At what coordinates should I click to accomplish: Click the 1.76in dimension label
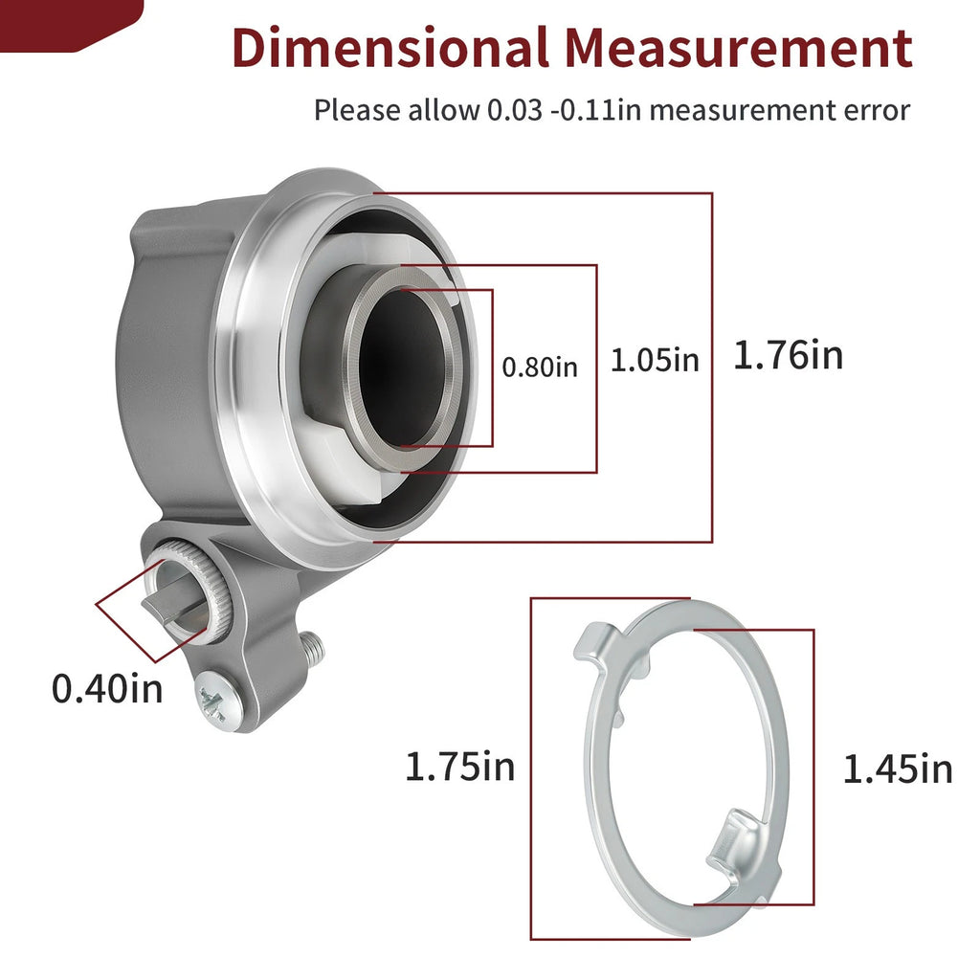click(789, 355)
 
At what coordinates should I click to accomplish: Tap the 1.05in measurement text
click(655, 360)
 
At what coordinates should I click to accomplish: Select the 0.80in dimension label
click(540, 367)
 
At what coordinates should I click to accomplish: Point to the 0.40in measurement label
click(107, 689)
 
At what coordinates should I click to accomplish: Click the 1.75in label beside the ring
click(460, 767)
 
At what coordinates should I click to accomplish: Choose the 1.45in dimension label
click(898, 768)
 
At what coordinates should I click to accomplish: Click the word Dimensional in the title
click(390, 48)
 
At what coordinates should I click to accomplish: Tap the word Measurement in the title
click(739, 48)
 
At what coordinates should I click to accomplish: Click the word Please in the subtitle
click(357, 110)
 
